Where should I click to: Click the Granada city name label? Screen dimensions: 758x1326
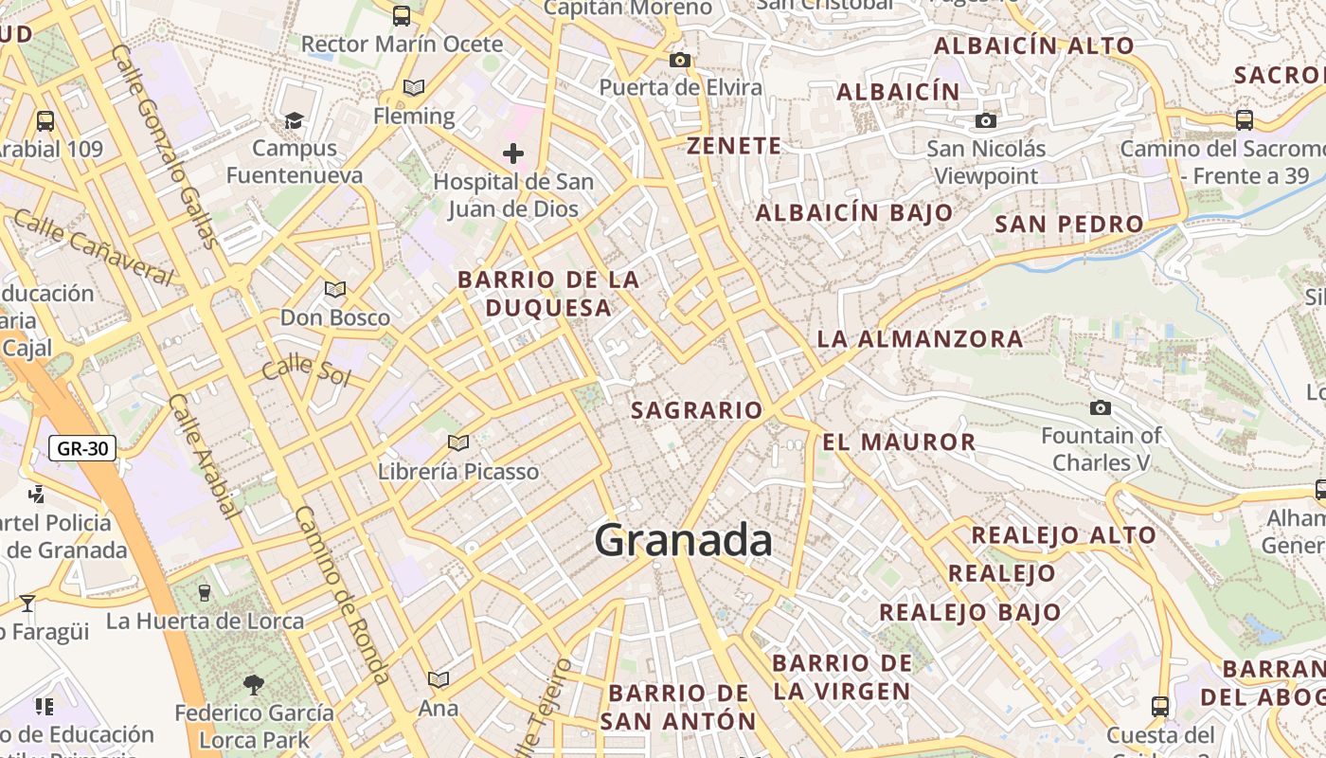point(683,541)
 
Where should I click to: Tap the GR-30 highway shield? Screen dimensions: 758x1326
point(82,448)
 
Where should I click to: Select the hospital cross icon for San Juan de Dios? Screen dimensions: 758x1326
point(513,153)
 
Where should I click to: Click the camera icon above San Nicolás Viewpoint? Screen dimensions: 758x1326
point(986,120)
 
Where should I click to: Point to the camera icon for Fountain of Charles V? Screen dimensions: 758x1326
point(1100,407)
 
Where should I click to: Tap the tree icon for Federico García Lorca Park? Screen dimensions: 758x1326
point(253,684)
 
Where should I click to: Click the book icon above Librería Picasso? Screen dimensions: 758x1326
point(458,442)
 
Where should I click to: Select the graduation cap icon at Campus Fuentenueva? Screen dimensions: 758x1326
point(294,120)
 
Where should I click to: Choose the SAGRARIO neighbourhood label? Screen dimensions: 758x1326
point(696,410)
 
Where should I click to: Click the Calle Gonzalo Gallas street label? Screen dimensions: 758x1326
point(165,147)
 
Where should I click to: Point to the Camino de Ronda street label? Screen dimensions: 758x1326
point(342,594)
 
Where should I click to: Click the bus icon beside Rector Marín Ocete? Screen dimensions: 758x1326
point(402,15)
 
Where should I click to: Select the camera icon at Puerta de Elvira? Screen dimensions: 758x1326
point(679,61)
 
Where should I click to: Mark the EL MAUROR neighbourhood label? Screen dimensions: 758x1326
point(899,442)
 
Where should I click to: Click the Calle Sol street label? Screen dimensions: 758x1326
point(306,370)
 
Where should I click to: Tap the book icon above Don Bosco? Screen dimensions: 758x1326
point(334,289)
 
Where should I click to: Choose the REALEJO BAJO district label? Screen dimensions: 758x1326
point(970,612)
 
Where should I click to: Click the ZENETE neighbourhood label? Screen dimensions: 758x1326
point(734,146)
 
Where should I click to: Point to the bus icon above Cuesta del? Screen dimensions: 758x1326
point(1159,706)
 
